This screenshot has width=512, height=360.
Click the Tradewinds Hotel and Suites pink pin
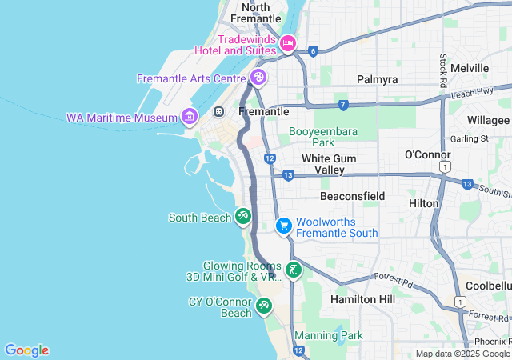[287, 42]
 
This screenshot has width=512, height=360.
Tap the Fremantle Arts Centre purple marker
[258, 78]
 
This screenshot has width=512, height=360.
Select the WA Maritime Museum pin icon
[190, 118]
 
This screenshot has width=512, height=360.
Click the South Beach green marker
[243, 217]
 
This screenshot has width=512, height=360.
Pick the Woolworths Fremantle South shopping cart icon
[283, 226]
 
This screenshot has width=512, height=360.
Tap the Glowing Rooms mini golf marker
[294, 270]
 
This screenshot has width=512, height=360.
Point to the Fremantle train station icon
[219, 112]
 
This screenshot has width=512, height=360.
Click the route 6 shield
[313, 51]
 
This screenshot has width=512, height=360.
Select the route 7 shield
[342, 105]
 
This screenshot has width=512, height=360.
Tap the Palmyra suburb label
[376, 80]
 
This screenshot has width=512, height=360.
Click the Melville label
[470, 69]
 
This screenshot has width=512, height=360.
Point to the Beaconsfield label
[352, 196]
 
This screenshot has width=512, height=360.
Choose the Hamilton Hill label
[362, 298]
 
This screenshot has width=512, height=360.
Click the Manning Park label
[329, 335]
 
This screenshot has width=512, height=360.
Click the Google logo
[26, 350]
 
